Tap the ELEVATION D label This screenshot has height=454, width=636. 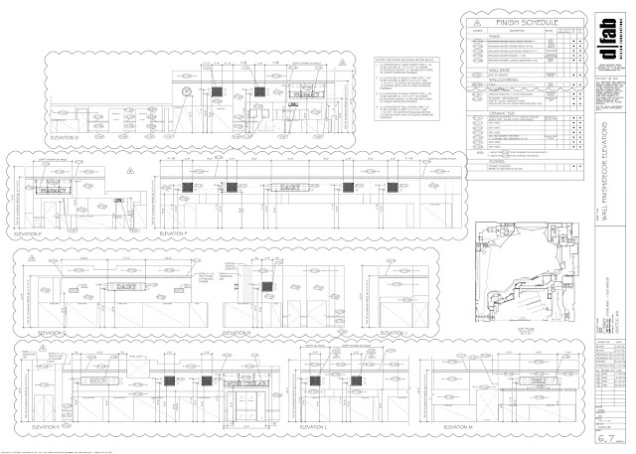pyautogui.click(x=69, y=139)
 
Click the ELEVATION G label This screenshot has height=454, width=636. pyautogui.click(x=41, y=333)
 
